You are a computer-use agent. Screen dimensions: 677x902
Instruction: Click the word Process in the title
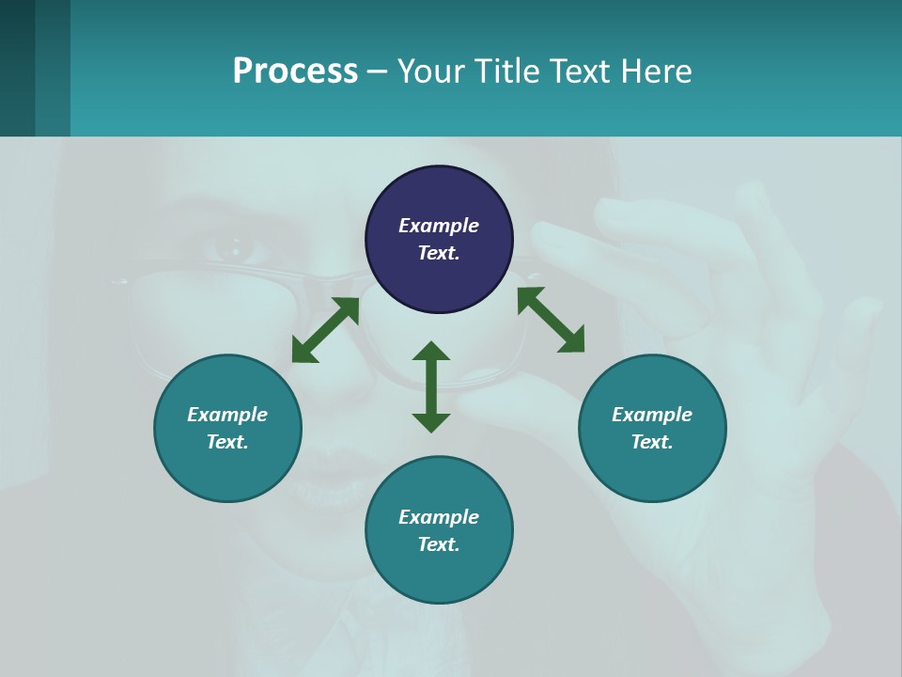point(295,71)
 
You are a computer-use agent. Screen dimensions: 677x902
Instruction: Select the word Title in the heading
point(512,71)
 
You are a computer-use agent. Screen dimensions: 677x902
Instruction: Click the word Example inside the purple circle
point(439,226)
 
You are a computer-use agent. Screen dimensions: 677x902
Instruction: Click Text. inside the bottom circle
point(439,544)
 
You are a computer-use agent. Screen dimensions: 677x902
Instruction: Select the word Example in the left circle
point(227,415)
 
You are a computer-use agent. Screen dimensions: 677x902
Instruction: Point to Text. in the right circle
point(652,442)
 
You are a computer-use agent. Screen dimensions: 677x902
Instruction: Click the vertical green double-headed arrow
point(431,386)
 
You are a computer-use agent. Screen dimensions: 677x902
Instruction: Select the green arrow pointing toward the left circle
point(325,330)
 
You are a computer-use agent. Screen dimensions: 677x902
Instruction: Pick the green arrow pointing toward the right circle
point(551,320)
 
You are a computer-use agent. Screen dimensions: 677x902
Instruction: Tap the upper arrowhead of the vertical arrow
point(431,351)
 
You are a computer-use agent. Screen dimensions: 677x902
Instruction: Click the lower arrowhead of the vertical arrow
point(431,422)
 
